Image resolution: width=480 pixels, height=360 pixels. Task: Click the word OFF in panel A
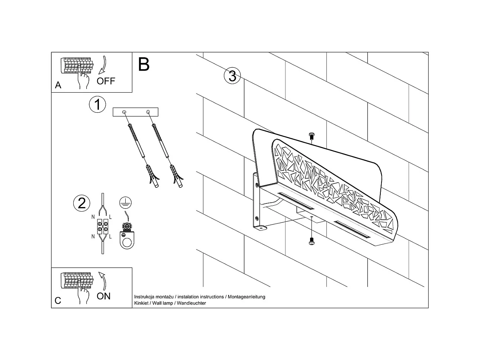(106, 81)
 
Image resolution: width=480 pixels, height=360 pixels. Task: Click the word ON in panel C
(103, 296)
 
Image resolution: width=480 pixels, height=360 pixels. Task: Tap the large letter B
(144, 64)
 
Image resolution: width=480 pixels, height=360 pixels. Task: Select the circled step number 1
(97, 105)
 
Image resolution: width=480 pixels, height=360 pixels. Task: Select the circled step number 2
(82, 203)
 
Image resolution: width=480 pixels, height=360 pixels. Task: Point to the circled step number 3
(232, 76)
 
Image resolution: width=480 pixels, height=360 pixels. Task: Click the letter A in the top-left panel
(58, 85)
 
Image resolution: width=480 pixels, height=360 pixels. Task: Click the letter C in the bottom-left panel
(58, 300)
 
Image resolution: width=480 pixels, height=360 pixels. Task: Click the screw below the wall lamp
(311, 242)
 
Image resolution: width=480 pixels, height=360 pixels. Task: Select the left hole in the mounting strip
(124, 112)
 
